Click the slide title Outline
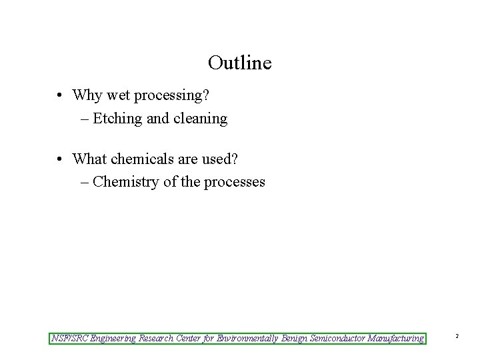239,63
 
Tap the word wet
117,95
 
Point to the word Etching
117,119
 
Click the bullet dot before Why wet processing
60,96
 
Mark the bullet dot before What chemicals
60,159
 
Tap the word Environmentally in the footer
248,338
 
